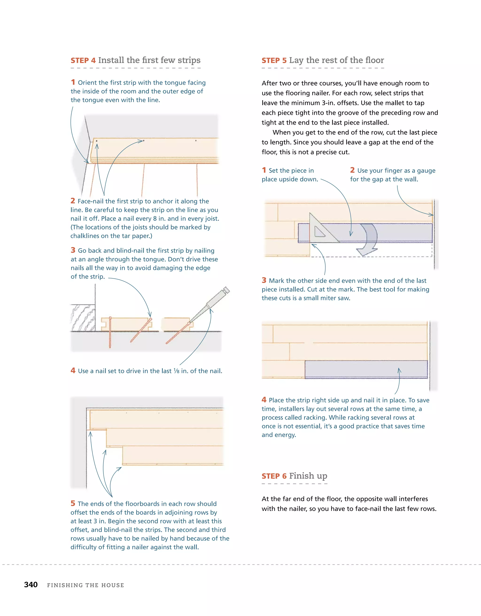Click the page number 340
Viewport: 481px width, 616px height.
coord(31,584)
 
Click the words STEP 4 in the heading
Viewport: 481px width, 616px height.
coord(83,60)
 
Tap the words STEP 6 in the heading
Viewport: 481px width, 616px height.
coord(274,476)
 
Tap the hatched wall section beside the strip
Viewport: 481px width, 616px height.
coord(83,318)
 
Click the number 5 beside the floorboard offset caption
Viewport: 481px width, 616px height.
coord(73,503)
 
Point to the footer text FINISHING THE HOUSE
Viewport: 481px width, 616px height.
coord(85,585)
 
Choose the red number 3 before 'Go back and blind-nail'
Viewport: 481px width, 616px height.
coord(73,250)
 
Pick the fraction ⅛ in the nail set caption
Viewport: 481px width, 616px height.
coord(176,371)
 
